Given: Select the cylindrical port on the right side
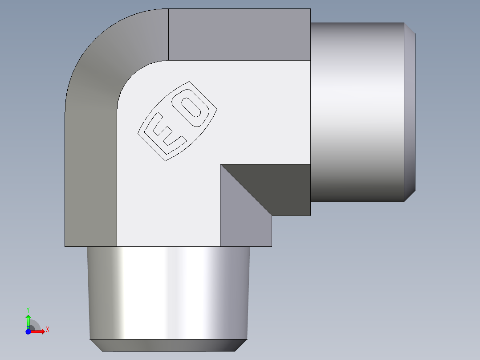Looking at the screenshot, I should (356, 111).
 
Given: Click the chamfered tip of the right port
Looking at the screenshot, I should (410, 111).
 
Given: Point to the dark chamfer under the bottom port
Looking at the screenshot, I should (168, 345).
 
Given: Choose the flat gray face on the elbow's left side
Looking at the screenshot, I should (91, 178).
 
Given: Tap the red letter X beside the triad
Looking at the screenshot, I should (47, 330).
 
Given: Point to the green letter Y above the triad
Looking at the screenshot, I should (28, 309).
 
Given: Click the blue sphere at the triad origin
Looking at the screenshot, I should (28, 331).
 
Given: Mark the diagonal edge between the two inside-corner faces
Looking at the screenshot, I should (246, 190).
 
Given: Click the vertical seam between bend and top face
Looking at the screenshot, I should (168, 34).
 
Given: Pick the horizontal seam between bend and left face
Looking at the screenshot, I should (91, 112).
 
